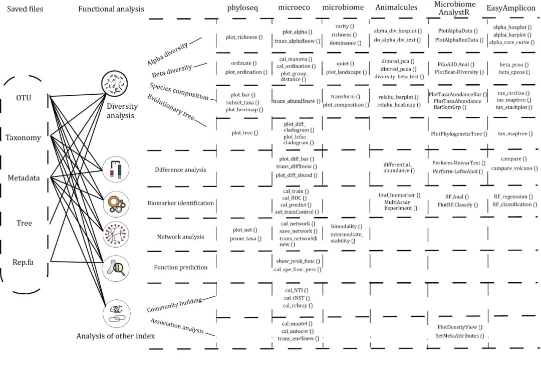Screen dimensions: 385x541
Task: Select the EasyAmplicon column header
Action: tap(511, 8)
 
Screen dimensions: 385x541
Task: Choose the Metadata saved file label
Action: tap(24, 178)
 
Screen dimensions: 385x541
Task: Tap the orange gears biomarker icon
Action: tap(116, 204)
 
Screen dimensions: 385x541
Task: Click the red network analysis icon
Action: tap(116, 235)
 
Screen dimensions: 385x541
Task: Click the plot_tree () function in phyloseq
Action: tap(244, 133)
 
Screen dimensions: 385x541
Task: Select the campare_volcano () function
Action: tap(514, 168)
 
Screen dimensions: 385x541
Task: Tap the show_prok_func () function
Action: tap(298, 261)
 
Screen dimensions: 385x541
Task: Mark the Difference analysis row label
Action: tap(180, 170)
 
